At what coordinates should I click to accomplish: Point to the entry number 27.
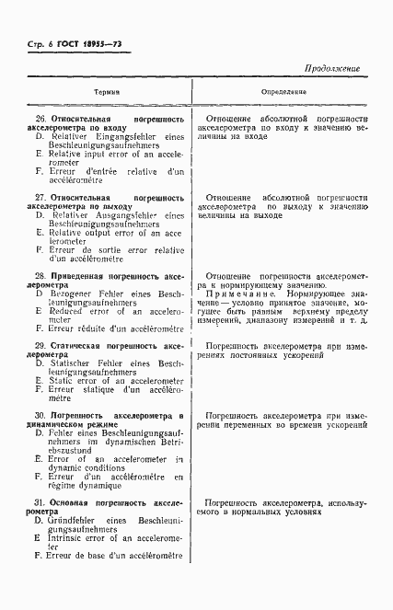[40, 198]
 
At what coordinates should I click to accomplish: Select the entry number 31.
[40, 504]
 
